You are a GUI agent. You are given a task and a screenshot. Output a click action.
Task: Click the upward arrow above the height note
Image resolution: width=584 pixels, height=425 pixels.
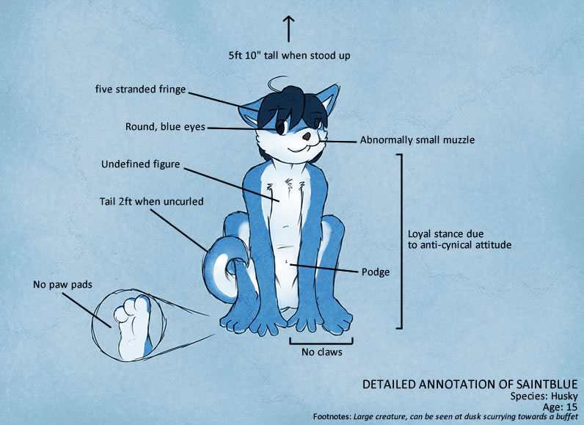pyautogui.click(x=288, y=29)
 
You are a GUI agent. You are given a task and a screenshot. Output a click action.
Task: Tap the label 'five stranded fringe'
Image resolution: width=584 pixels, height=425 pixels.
pyautogui.click(x=140, y=90)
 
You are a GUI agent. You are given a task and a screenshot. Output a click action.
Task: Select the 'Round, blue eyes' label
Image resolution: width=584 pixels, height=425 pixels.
pyautogui.click(x=165, y=127)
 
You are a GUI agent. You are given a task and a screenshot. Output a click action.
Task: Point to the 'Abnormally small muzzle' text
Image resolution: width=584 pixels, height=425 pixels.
pyautogui.click(x=417, y=140)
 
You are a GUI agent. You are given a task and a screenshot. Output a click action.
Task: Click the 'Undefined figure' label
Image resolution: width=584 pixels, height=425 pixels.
pyautogui.click(x=140, y=164)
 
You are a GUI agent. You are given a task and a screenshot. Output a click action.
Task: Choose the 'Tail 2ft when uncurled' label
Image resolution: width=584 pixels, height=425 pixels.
pyautogui.click(x=151, y=202)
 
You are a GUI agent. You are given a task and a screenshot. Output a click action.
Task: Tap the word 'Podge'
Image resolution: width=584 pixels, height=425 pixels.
pyautogui.click(x=376, y=272)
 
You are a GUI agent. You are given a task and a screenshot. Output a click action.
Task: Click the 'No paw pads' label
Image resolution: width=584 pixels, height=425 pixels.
pyautogui.click(x=62, y=285)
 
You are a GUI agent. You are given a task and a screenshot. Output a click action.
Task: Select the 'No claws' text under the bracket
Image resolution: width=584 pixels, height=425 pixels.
pyautogui.click(x=321, y=352)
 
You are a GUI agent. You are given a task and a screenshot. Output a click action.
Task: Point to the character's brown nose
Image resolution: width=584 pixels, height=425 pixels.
pyautogui.click(x=307, y=137)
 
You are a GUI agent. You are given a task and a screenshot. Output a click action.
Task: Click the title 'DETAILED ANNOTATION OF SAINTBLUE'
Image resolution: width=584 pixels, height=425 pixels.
pyautogui.click(x=470, y=385)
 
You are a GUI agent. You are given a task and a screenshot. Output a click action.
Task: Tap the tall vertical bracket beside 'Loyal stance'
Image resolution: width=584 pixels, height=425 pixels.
pyautogui.click(x=401, y=241)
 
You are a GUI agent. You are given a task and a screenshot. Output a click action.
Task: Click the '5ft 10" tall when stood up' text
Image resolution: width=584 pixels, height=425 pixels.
pyautogui.click(x=289, y=56)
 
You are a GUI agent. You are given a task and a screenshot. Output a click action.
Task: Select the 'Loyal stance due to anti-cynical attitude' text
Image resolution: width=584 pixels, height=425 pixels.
pyautogui.click(x=459, y=239)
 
